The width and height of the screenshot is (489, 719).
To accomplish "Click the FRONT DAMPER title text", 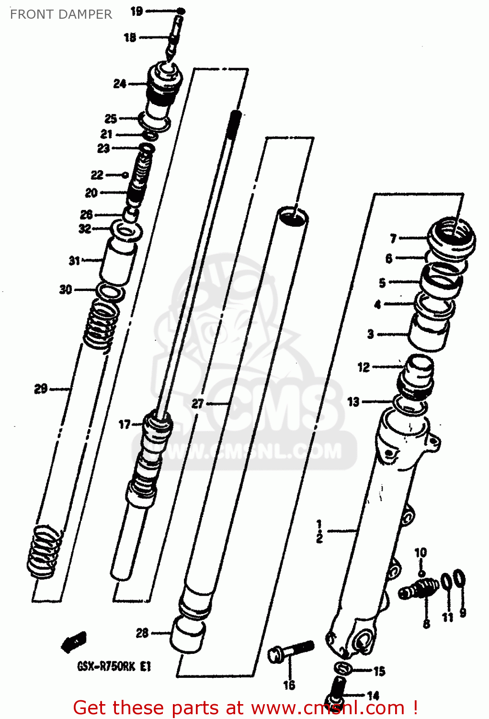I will click(61, 14).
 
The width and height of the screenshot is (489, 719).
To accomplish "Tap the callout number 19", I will click(136, 11).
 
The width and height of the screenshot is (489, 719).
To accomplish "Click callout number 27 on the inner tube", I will click(198, 404).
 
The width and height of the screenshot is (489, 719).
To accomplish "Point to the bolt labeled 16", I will click(290, 652).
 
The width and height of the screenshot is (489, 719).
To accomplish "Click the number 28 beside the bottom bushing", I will click(142, 633).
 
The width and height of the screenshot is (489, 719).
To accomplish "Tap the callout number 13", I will click(353, 402).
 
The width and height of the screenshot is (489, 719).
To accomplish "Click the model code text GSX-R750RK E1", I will click(114, 666).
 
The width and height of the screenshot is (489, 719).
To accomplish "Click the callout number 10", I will click(421, 553).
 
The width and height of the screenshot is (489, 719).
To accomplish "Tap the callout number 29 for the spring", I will click(41, 389).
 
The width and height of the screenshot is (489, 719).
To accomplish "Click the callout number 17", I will click(125, 424).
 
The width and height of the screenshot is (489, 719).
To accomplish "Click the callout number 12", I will click(364, 367).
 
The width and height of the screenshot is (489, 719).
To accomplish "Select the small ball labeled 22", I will click(125, 175).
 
